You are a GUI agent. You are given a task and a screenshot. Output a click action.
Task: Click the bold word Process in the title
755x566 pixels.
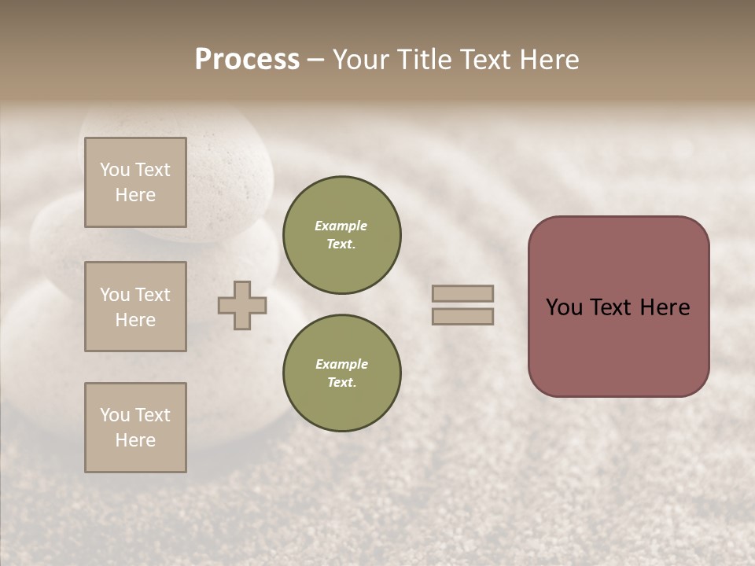click(x=247, y=60)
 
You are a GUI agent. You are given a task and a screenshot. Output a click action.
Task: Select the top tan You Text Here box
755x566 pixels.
click(x=135, y=182)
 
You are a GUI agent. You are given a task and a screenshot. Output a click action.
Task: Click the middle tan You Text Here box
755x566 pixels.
click(x=135, y=307)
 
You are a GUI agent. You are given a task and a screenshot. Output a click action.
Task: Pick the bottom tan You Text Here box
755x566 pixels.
click(x=135, y=428)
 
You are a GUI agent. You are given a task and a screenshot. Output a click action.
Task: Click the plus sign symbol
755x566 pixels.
click(x=242, y=305)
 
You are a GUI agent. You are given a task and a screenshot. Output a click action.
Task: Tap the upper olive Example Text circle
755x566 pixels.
click(x=341, y=234)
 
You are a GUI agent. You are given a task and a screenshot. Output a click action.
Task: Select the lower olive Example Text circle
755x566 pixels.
click(x=341, y=373)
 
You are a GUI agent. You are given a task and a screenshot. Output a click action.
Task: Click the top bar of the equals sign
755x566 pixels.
click(x=462, y=293)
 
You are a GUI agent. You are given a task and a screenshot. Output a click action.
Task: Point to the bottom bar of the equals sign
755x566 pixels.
click(x=462, y=316)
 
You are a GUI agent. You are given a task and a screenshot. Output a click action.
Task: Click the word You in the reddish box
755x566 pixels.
click(x=565, y=307)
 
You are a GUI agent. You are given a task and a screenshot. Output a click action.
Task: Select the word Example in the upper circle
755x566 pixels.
click(x=341, y=226)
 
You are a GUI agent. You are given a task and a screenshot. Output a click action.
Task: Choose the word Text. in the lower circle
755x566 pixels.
click(x=341, y=382)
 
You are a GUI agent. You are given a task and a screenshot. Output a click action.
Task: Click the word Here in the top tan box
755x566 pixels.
click(x=135, y=195)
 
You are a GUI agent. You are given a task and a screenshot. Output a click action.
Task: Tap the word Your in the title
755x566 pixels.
click(x=362, y=60)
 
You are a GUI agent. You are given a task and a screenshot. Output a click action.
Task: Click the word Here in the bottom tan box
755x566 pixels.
click(x=135, y=440)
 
